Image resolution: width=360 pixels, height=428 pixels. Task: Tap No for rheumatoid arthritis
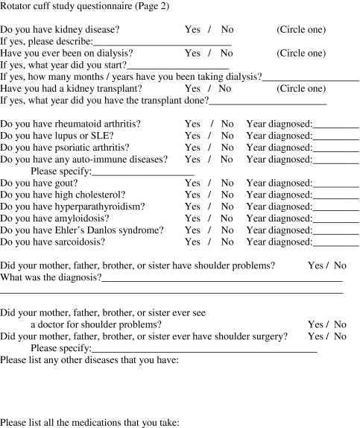pos(227,123)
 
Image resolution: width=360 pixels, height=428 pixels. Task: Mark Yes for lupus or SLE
pos(192,135)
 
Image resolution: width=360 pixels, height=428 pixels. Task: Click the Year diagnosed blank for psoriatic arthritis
pos(336,148)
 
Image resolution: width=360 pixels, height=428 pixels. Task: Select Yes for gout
pos(192,183)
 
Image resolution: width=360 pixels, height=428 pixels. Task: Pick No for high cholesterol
pos(227,195)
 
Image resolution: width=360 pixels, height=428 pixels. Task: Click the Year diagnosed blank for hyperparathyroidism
pos(336,207)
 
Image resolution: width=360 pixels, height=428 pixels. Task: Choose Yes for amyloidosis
pos(192,218)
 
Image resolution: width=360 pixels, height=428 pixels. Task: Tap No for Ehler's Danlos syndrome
pos(227,230)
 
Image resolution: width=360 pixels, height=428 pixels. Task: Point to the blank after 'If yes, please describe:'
pos(162,42)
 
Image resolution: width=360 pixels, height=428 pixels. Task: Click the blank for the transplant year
pos(268,100)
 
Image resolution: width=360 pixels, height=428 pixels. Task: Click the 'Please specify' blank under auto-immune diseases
pos(143,171)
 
